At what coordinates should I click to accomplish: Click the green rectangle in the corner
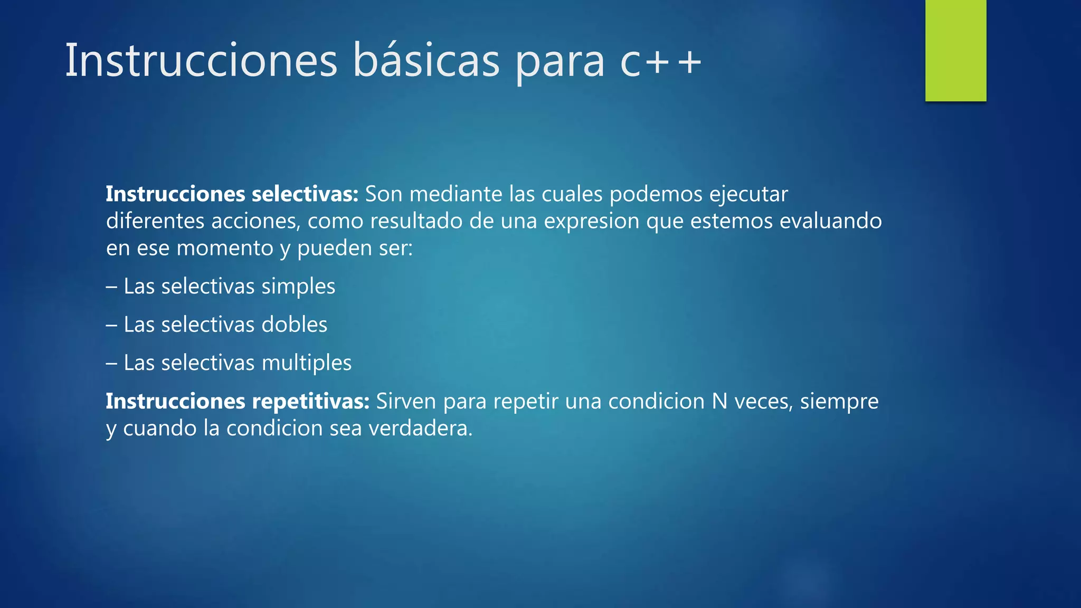955,50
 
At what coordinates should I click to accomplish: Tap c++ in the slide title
660,62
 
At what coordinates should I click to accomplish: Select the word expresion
592,221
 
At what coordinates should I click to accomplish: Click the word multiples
307,363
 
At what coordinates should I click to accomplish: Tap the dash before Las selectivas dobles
111,325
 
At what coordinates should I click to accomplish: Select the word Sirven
406,401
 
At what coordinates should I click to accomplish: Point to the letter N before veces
719,401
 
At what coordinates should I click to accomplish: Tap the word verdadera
420,428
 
